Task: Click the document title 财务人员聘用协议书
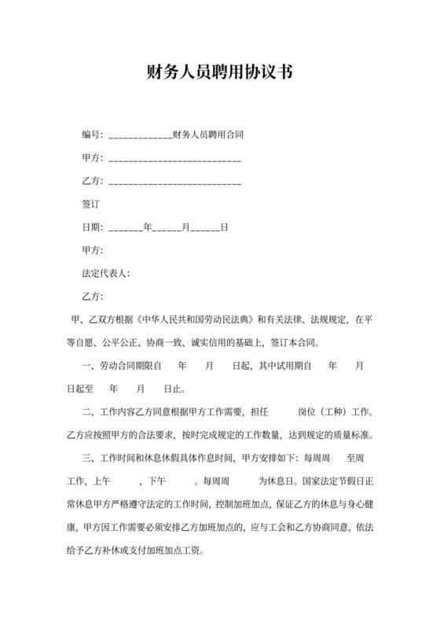point(219,73)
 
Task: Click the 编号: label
point(93,135)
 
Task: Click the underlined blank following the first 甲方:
point(174,160)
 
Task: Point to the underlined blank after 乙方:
point(174,183)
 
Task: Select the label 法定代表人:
point(105,274)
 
